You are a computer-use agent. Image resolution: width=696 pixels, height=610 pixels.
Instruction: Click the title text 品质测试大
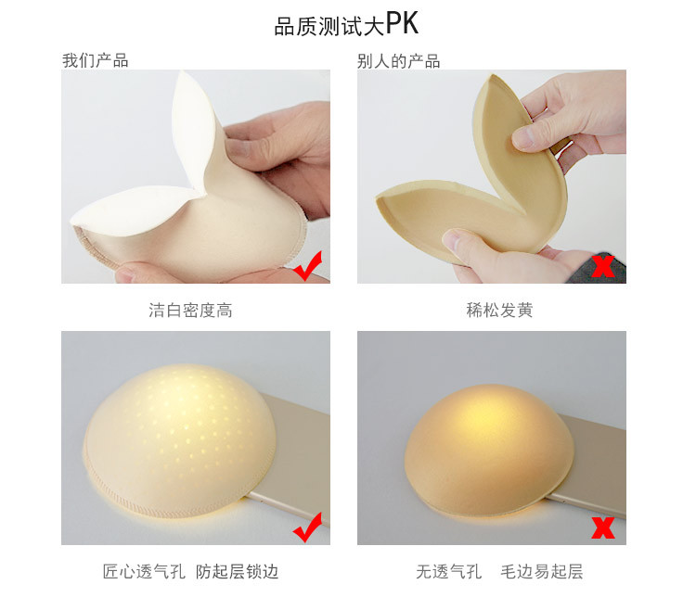point(329,25)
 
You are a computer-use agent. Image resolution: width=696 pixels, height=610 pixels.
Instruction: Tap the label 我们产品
point(95,61)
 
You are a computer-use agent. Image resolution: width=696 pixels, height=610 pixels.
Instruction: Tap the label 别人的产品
point(398,61)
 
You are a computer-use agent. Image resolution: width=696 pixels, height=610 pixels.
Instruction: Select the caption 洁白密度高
point(190,311)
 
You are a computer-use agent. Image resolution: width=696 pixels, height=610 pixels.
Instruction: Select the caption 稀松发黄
point(499,311)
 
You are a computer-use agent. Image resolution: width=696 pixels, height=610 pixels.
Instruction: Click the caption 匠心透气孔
point(144,572)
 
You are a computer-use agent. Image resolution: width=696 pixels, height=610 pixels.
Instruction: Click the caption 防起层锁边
point(237,572)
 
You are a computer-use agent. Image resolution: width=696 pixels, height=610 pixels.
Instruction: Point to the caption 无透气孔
point(448,572)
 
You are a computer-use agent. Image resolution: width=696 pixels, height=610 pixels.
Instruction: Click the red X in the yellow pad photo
point(603,267)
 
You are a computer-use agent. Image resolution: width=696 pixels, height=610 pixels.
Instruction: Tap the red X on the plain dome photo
point(603,528)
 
